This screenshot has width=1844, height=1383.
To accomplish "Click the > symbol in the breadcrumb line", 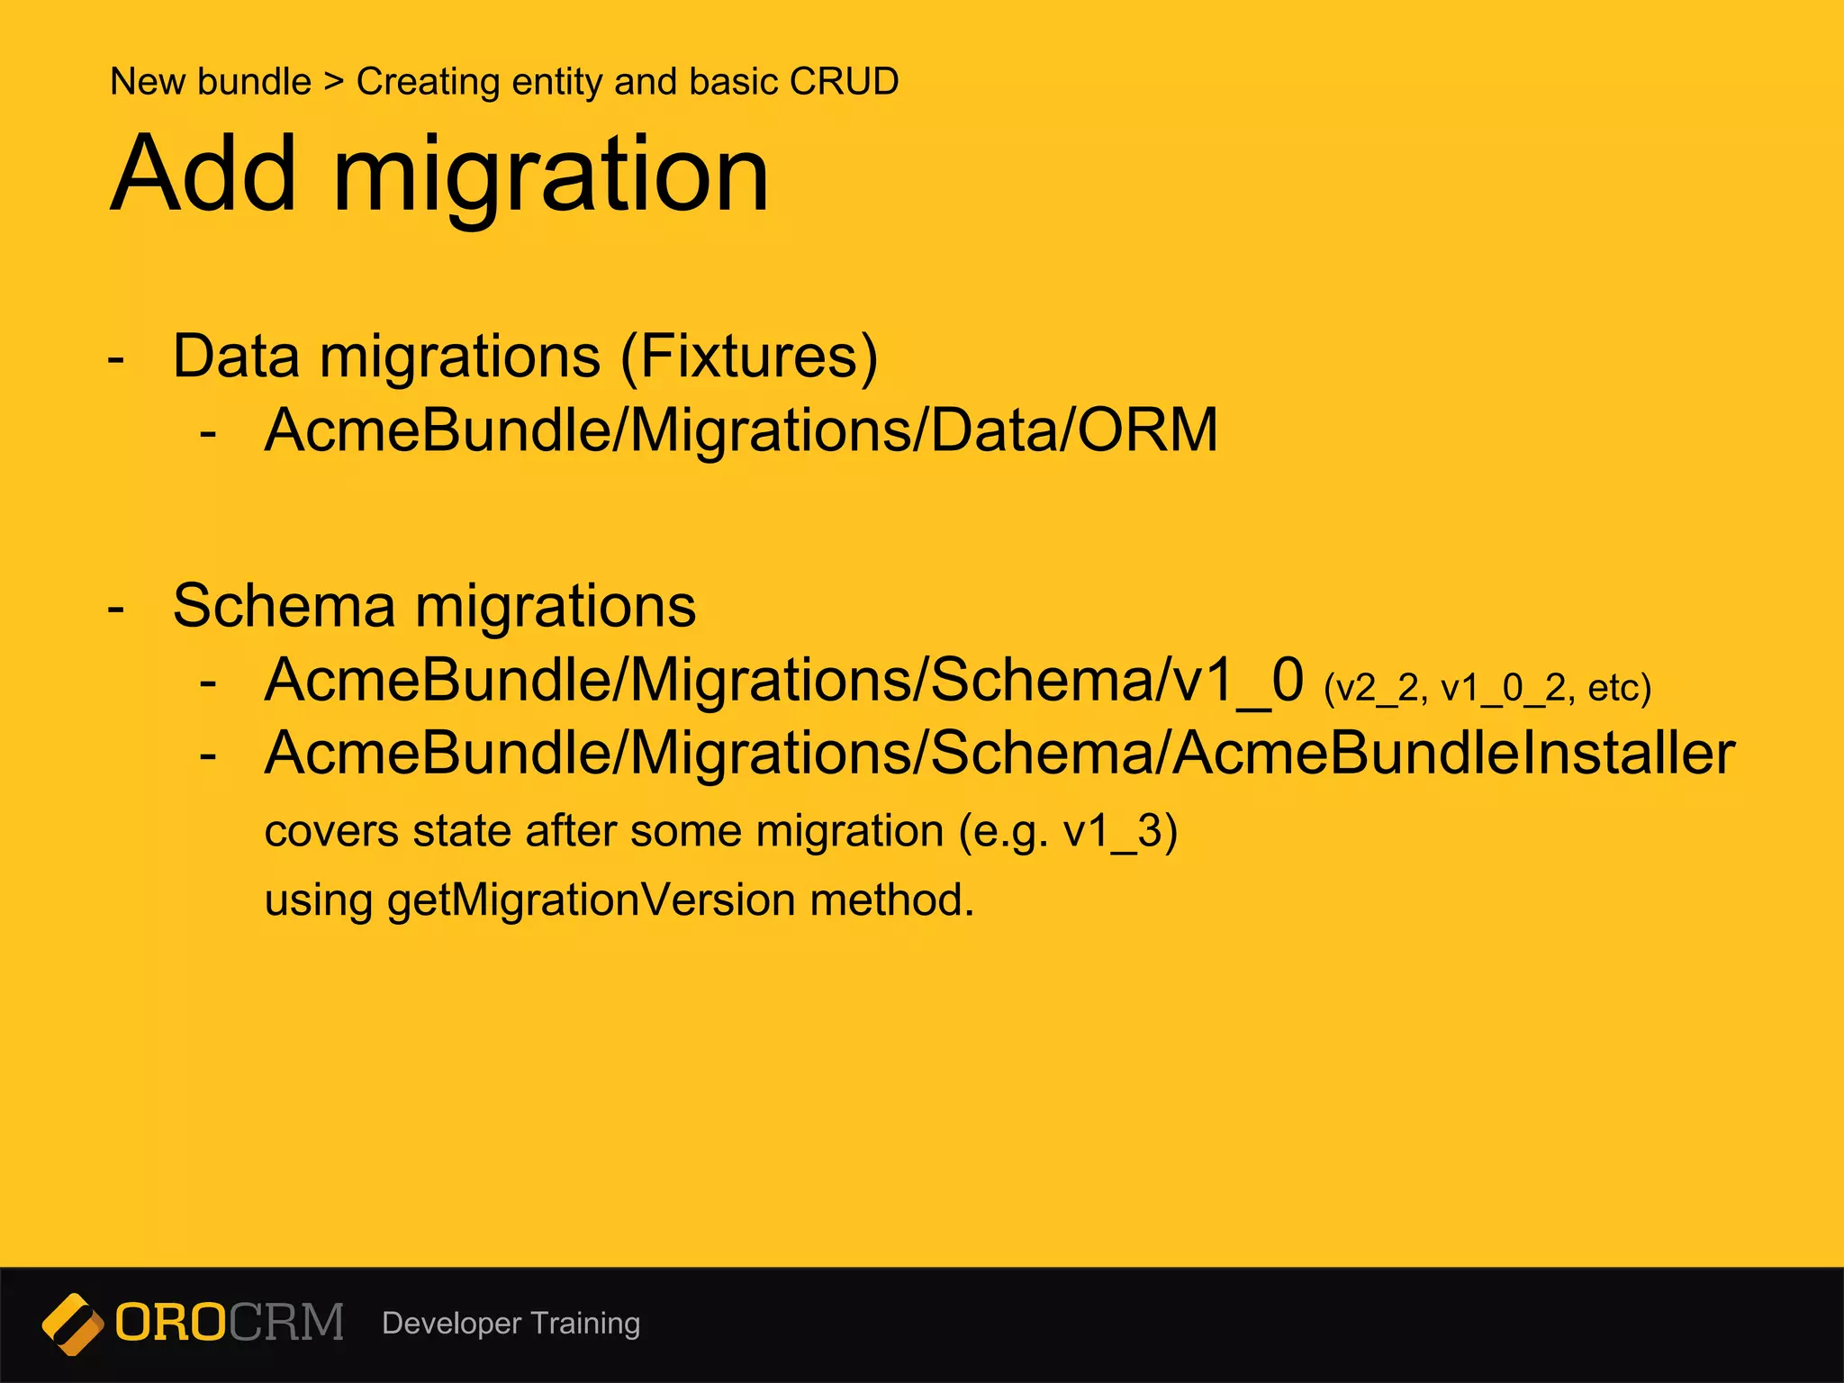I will pos(334,82).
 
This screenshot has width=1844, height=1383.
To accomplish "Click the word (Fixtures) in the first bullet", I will pos(748,357).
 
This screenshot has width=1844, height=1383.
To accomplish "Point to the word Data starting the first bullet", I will pos(235,357).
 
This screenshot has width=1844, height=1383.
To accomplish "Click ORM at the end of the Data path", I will pos(1148,429).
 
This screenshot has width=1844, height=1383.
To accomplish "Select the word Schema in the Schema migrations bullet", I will pos(284,606).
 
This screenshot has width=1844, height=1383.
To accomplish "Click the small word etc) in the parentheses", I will pos(1619,689).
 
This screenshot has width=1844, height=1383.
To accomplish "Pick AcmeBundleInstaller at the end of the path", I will pos(1454,753).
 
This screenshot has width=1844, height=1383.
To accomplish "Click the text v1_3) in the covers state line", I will pos(1120,831).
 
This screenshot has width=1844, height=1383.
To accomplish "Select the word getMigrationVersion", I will pos(591,900).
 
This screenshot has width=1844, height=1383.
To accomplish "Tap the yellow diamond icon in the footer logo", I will pos(72,1324).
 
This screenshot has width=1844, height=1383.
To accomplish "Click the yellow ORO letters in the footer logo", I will pos(170,1323).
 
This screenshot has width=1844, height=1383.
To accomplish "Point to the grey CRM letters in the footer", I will pos(286,1323).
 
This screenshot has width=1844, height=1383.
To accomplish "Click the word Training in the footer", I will pos(585,1324).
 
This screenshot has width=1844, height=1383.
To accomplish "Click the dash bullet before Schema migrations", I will pos(115,609).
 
